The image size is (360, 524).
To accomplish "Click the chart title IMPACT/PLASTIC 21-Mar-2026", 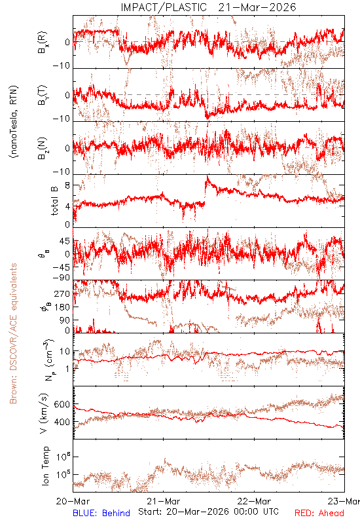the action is (x=208, y=7).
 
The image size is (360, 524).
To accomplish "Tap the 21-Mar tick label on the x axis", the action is (x=164, y=501).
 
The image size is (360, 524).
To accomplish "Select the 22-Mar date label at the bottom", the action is (x=254, y=501).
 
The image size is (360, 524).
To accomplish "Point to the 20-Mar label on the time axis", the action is (x=73, y=501).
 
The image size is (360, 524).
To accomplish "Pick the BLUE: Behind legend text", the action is (x=101, y=513).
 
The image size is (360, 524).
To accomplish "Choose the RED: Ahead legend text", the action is (x=319, y=513).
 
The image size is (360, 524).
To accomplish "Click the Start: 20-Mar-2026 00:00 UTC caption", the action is (x=208, y=512).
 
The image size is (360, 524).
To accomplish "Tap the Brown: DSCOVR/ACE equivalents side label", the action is (x=13, y=333).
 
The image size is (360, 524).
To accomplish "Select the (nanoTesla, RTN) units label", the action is (x=14, y=122).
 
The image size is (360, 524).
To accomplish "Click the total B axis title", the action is (x=54, y=201).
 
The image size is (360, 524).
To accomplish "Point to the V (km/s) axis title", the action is (x=44, y=413).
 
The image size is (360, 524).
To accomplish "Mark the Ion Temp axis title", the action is (x=45, y=466).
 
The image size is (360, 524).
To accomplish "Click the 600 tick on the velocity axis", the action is (x=62, y=404).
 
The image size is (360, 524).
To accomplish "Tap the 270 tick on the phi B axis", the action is (x=62, y=294).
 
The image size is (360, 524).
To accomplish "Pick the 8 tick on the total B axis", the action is (x=67, y=185).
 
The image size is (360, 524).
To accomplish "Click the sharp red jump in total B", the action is (x=205, y=191).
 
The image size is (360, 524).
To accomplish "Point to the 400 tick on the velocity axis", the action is (x=62, y=422).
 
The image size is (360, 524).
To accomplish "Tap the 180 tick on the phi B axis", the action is (x=62, y=307).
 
